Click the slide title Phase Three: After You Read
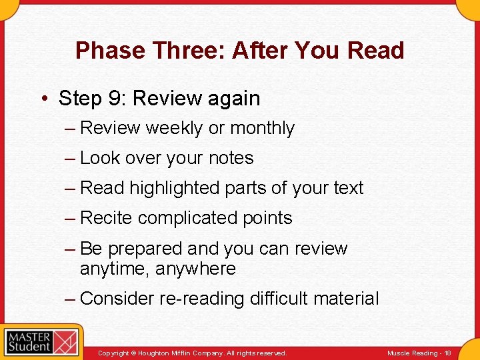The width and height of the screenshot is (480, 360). coord(239,51)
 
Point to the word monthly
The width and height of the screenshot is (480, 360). coord(261,128)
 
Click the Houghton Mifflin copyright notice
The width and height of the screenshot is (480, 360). coord(192,353)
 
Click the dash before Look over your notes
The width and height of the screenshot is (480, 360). coord(70,158)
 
